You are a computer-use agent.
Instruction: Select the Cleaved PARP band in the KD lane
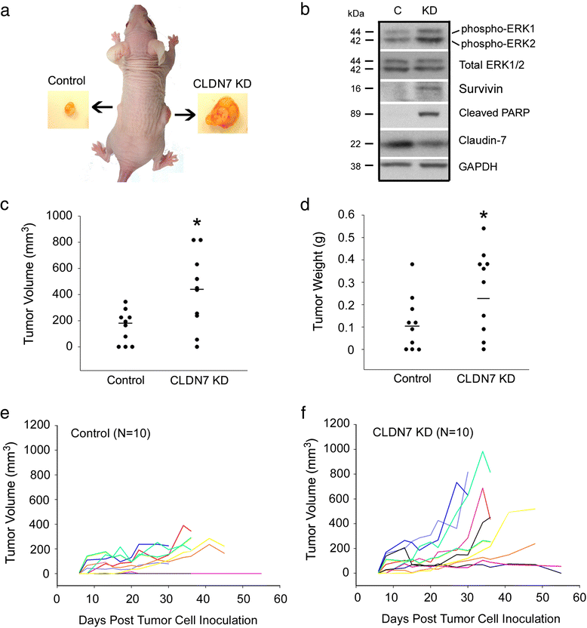[428, 115]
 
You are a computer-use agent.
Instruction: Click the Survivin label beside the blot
[480, 89]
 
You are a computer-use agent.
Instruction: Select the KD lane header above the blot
[428, 12]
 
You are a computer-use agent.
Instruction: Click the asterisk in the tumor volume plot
[196, 223]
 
